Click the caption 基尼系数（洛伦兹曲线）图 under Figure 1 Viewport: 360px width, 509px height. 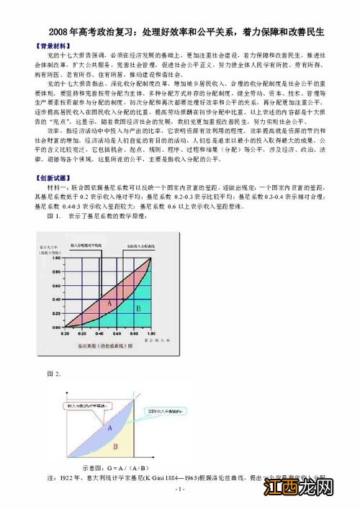(x=103, y=346)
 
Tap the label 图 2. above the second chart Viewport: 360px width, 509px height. (x=54, y=374)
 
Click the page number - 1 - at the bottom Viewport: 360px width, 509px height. (x=180, y=489)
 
